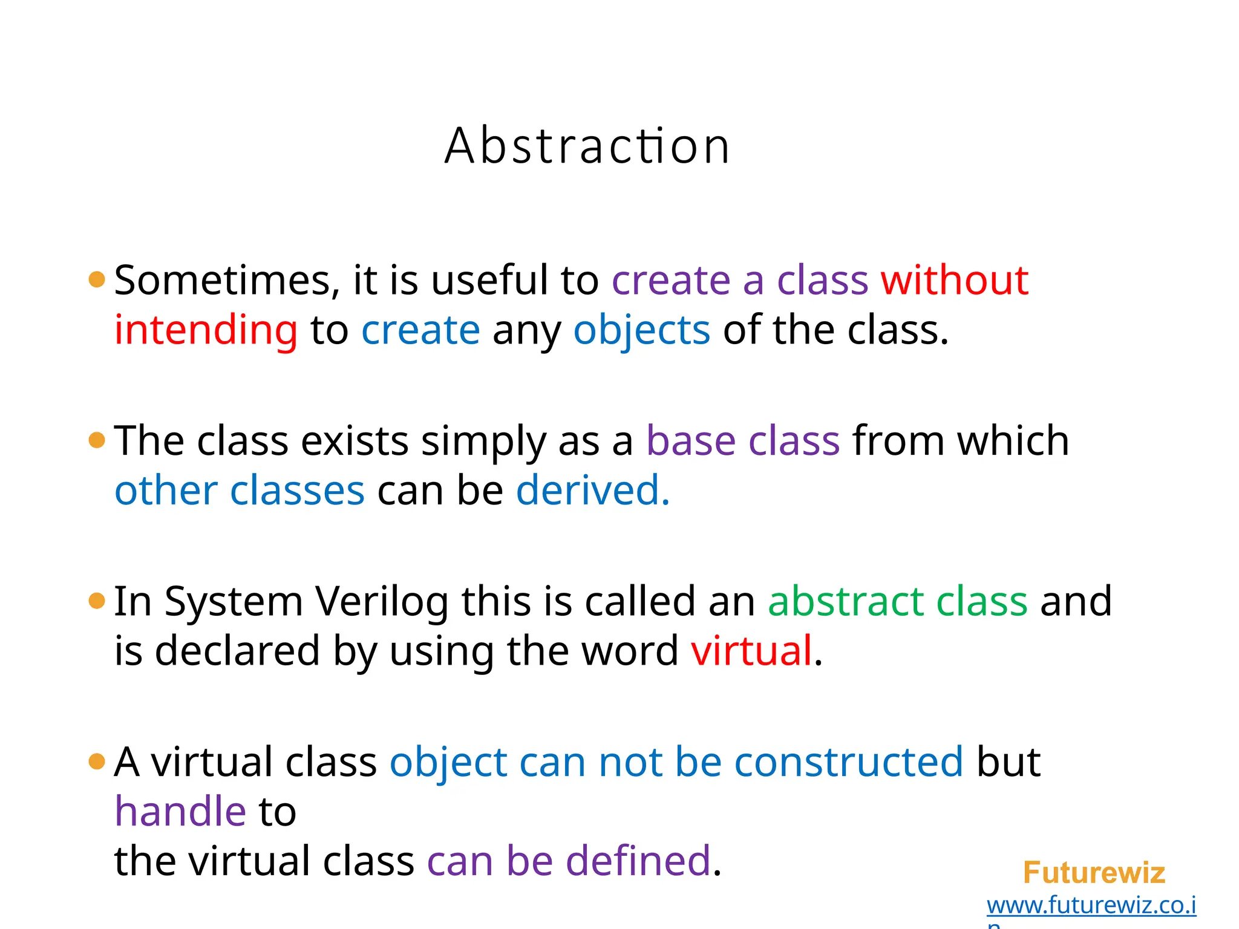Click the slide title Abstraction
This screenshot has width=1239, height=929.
tap(587, 146)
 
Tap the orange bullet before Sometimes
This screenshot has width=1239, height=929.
tap(97, 279)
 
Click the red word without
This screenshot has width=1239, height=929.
tap(954, 281)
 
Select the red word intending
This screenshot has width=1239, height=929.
tap(206, 331)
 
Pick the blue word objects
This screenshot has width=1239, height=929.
tap(641, 331)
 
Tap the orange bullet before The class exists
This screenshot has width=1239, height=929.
tap(97, 440)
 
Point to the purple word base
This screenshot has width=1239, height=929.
tap(690, 441)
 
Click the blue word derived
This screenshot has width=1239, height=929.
tap(592, 491)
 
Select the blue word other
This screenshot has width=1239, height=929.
tap(166, 491)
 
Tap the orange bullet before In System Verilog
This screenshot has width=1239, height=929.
tap(97, 601)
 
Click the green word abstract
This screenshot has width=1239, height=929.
tap(846, 602)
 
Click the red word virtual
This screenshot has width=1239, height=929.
tap(751, 651)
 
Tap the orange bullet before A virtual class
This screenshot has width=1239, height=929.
tap(97, 761)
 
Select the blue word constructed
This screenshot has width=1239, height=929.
tap(848, 762)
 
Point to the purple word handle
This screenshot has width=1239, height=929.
tap(180, 812)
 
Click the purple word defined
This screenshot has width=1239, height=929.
tap(638, 861)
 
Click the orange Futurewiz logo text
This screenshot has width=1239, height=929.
tap(1093, 873)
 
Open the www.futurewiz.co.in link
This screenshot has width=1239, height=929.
tap(1091, 905)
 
